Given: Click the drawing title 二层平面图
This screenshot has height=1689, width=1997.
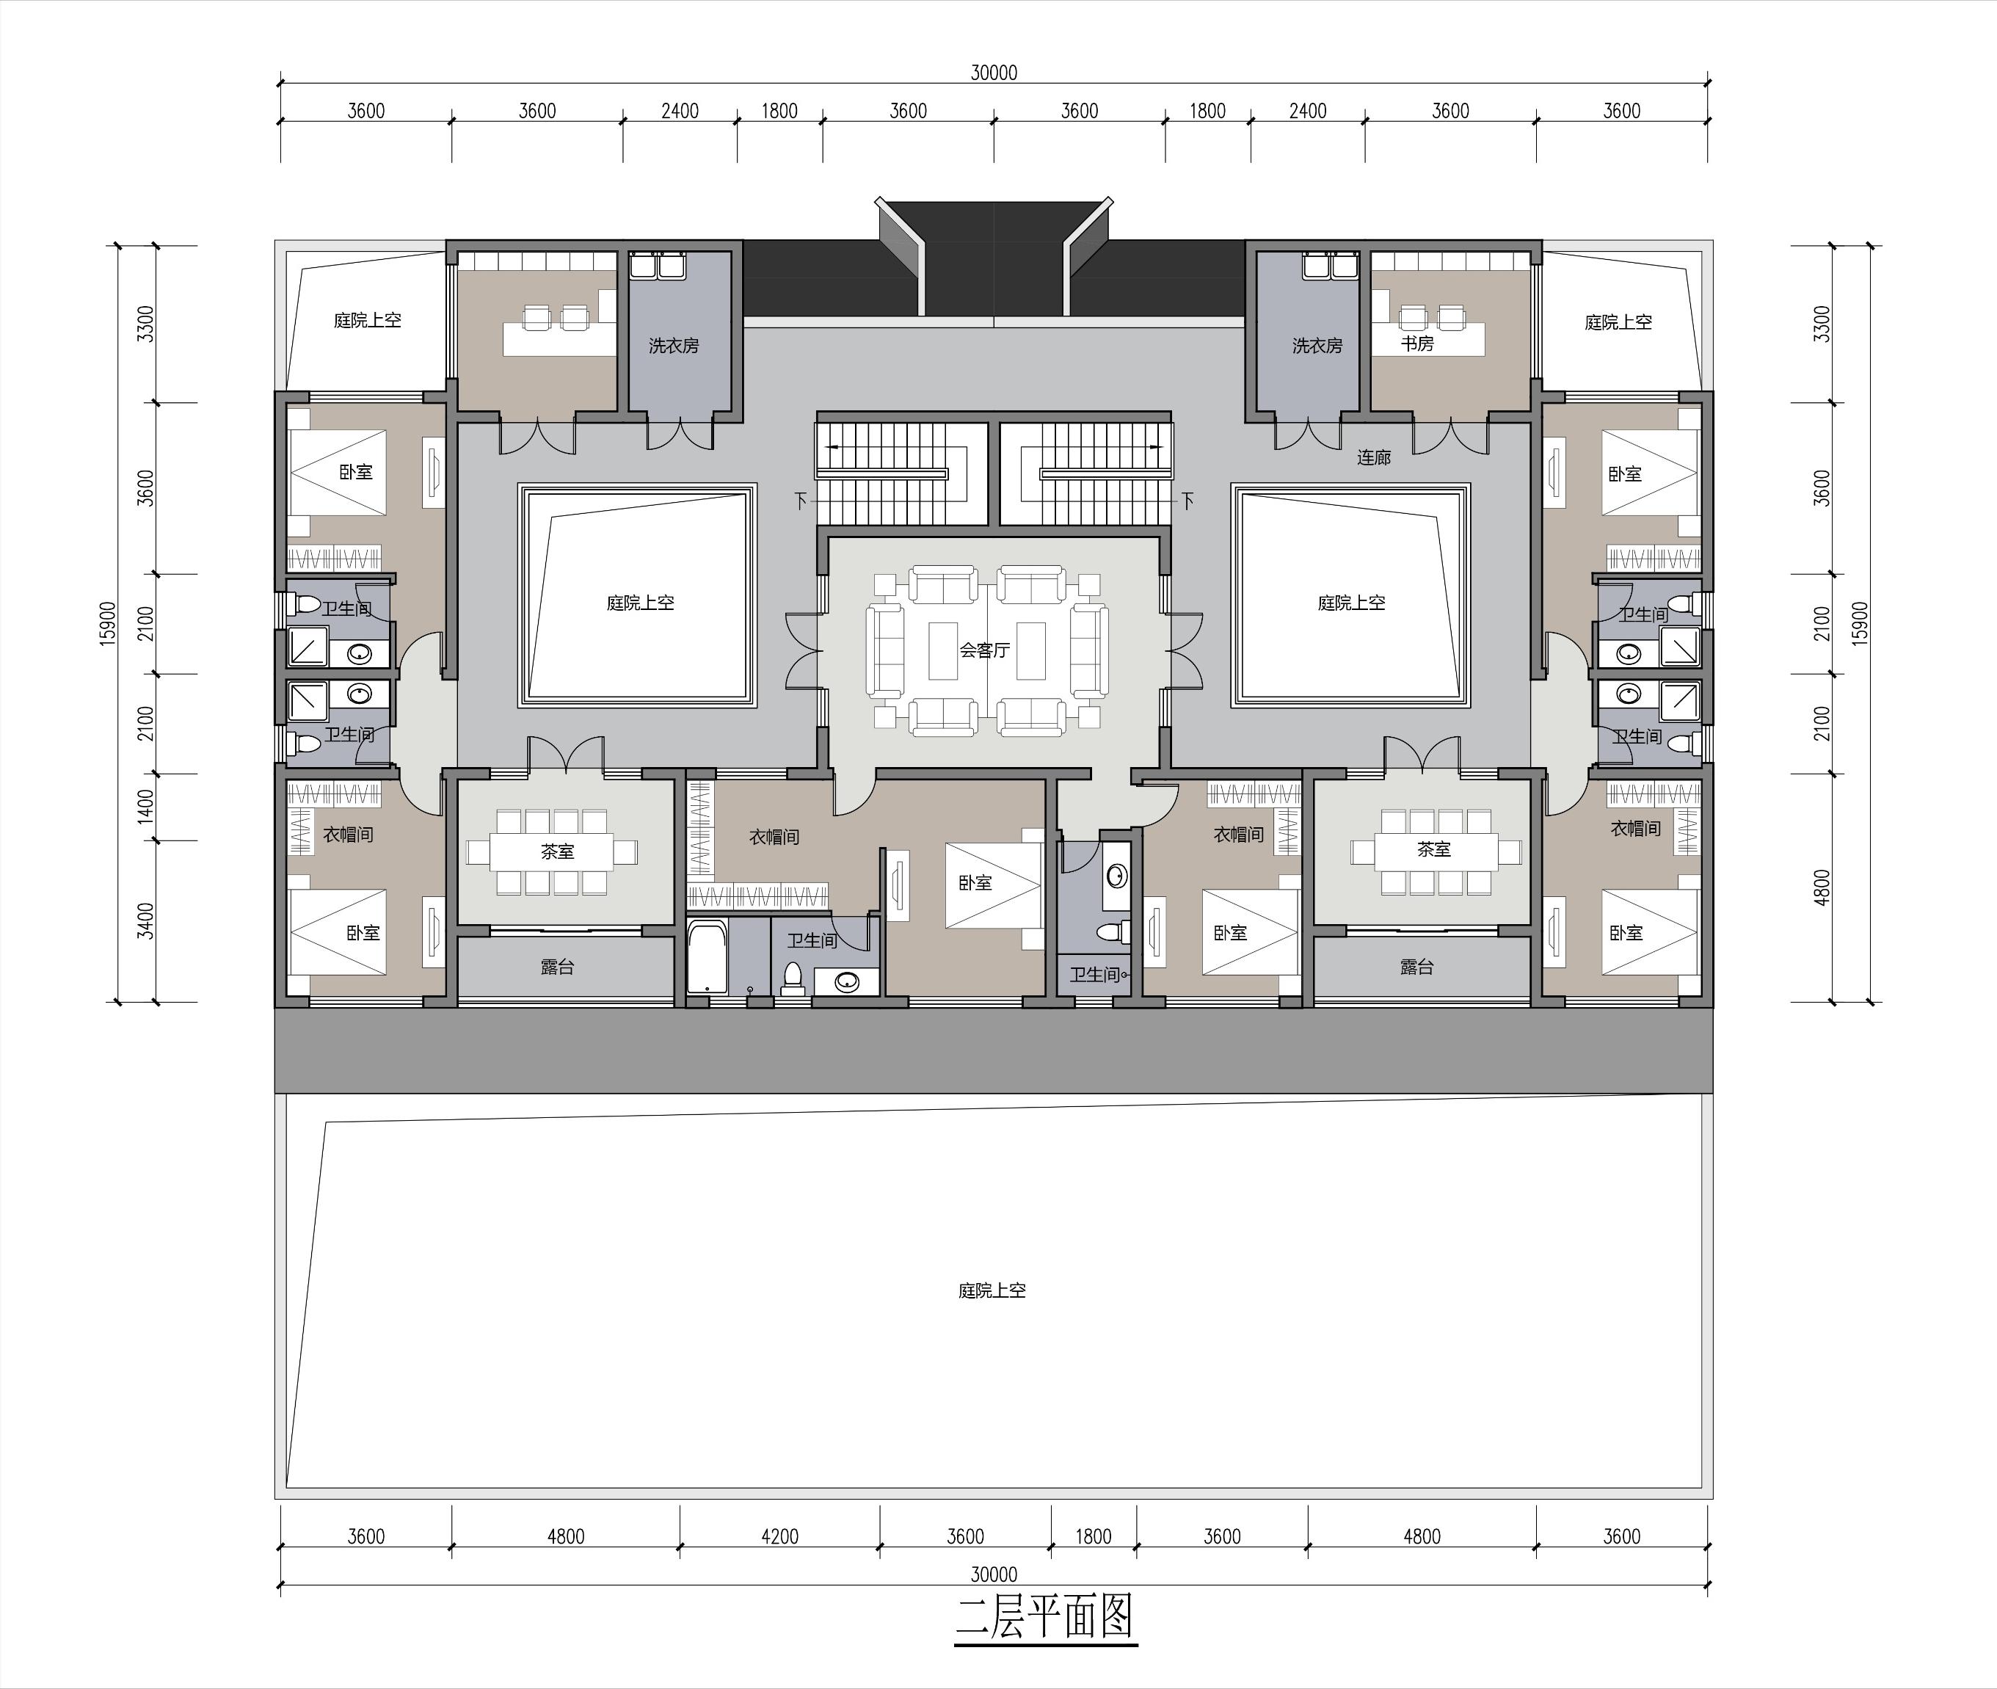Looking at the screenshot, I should tap(1045, 1616).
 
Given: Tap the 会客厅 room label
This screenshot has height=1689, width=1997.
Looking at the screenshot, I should tap(984, 651).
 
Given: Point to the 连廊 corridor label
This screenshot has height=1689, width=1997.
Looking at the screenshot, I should tap(1373, 458).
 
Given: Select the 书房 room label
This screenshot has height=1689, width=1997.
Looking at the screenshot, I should tap(1417, 343).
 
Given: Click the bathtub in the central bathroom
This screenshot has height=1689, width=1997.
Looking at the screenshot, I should tap(708, 957).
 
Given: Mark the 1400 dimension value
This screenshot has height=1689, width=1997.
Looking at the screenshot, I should tap(145, 806).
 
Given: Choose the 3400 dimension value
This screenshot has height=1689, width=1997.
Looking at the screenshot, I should tap(145, 920).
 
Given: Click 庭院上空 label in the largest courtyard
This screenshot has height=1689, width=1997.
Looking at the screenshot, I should tap(992, 1290).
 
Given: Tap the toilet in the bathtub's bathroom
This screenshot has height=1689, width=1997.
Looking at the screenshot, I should tap(792, 978).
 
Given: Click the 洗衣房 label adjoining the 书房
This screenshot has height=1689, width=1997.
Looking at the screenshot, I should tap(1317, 346).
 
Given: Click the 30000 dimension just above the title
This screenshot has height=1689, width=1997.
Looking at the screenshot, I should tap(994, 1574).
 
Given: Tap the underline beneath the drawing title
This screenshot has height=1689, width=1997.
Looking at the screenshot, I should tap(1045, 1645).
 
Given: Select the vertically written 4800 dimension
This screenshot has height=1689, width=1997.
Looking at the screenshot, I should tap(1822, 887).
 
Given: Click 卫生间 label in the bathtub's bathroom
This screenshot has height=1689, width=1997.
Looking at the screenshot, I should tap(812, 940).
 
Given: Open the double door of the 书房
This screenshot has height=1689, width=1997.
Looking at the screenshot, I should tap(1450, 437).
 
